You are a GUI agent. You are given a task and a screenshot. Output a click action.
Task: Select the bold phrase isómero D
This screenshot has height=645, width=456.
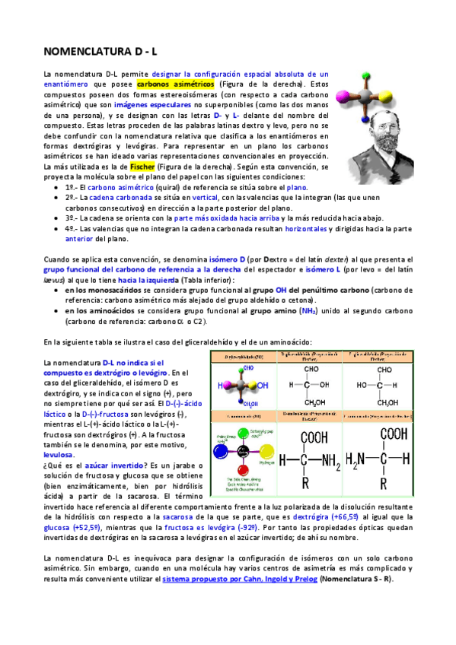[222, 259]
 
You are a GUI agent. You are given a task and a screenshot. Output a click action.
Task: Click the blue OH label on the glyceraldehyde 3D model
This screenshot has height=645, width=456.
[263, 386]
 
